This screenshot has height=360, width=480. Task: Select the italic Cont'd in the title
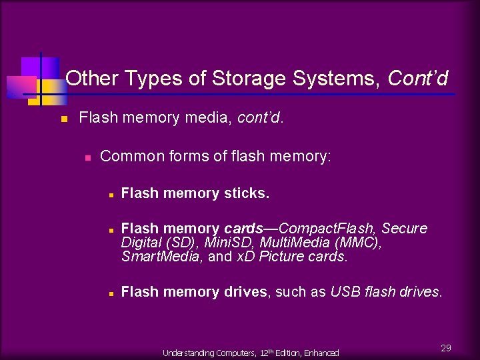pos(417,79)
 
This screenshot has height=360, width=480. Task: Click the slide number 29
pos(446,348)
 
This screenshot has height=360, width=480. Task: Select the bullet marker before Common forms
pos(87,158)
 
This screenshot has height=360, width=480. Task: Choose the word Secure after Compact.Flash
pos(404,229)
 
